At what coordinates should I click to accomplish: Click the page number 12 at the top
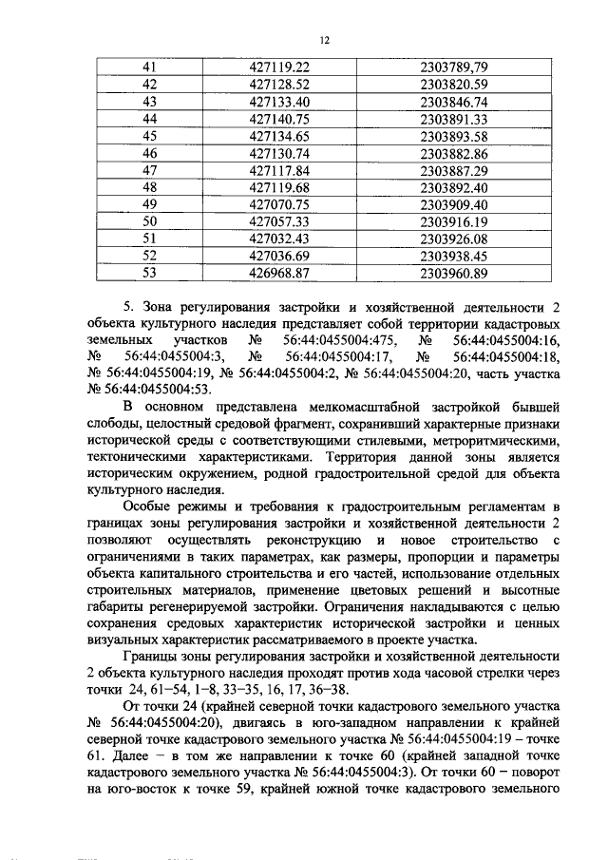point(324,41)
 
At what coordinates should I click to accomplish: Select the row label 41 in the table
point(148,67)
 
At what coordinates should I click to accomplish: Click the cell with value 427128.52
point(279,85)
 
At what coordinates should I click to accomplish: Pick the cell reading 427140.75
point(279,119)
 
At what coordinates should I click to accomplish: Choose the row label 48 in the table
point(148,187)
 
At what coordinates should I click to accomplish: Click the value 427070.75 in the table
point(279,204)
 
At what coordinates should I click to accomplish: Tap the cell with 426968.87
point(279,273)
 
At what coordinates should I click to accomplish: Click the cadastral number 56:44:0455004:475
point(336,338)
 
